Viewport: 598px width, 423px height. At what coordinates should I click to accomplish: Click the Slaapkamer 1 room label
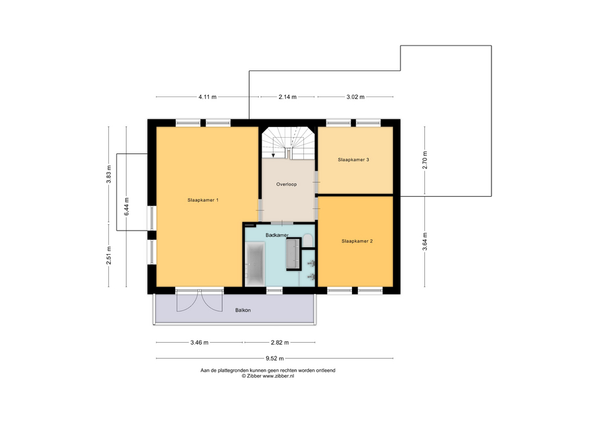tap(203, 200)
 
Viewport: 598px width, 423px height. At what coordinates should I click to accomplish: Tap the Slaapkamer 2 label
tap(357, 241)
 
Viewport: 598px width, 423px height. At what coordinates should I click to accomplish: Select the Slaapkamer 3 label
tap(354, 160)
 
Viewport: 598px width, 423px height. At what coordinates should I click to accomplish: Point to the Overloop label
tap(287, 184)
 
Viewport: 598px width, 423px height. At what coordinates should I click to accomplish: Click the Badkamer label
tap(277, 235)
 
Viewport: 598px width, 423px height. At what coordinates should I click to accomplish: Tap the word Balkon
tap(243, 310)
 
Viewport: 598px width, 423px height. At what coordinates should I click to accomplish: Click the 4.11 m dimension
tap(207, 97)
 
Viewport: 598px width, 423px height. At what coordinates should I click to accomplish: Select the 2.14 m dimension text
tap(287, 97)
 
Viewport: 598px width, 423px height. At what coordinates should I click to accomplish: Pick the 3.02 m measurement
tap(356, 97)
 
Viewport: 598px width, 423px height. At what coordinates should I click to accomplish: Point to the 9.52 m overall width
tap(275, 359)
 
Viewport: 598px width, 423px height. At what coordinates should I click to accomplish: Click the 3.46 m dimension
tap(199, 343)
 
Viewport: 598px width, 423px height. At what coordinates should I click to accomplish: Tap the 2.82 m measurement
tap(280, 343)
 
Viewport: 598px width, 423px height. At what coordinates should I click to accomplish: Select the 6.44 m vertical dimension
tap(126, 206)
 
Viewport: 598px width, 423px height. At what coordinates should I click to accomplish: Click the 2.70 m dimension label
tap(425, 160)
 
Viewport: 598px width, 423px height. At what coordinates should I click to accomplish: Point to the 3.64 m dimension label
tap(425, 242)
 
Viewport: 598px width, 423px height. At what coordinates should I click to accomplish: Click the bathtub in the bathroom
tap(254, 264)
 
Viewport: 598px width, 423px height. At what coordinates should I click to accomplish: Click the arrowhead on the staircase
tap(273, 155)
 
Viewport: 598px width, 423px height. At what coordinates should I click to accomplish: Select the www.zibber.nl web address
tap(278, 376)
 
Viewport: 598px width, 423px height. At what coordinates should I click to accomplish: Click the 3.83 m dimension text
tap(108, 174)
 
